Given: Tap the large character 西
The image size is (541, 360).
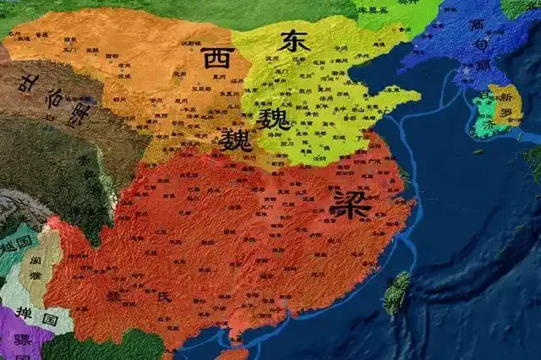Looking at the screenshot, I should (216, 59).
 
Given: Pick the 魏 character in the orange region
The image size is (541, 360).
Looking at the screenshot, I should (236, 139).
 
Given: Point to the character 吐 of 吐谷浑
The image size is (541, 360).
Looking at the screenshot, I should (32, 82).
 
